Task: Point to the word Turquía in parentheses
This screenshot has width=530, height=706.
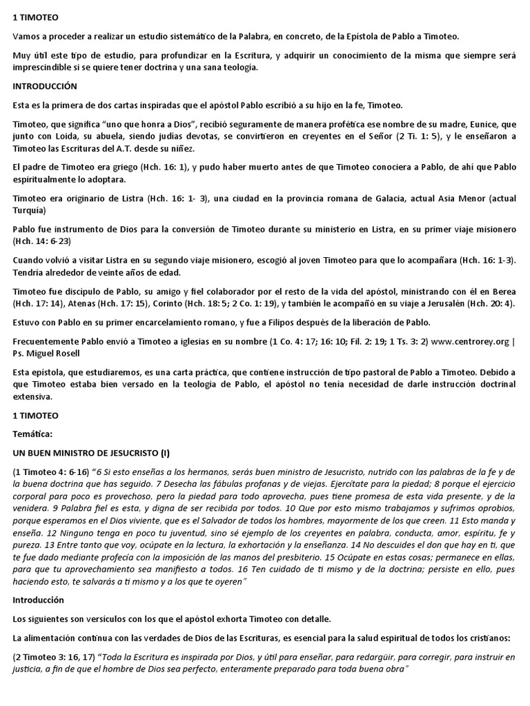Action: (29, 210)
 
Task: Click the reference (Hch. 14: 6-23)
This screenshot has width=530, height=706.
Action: (43, 241)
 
